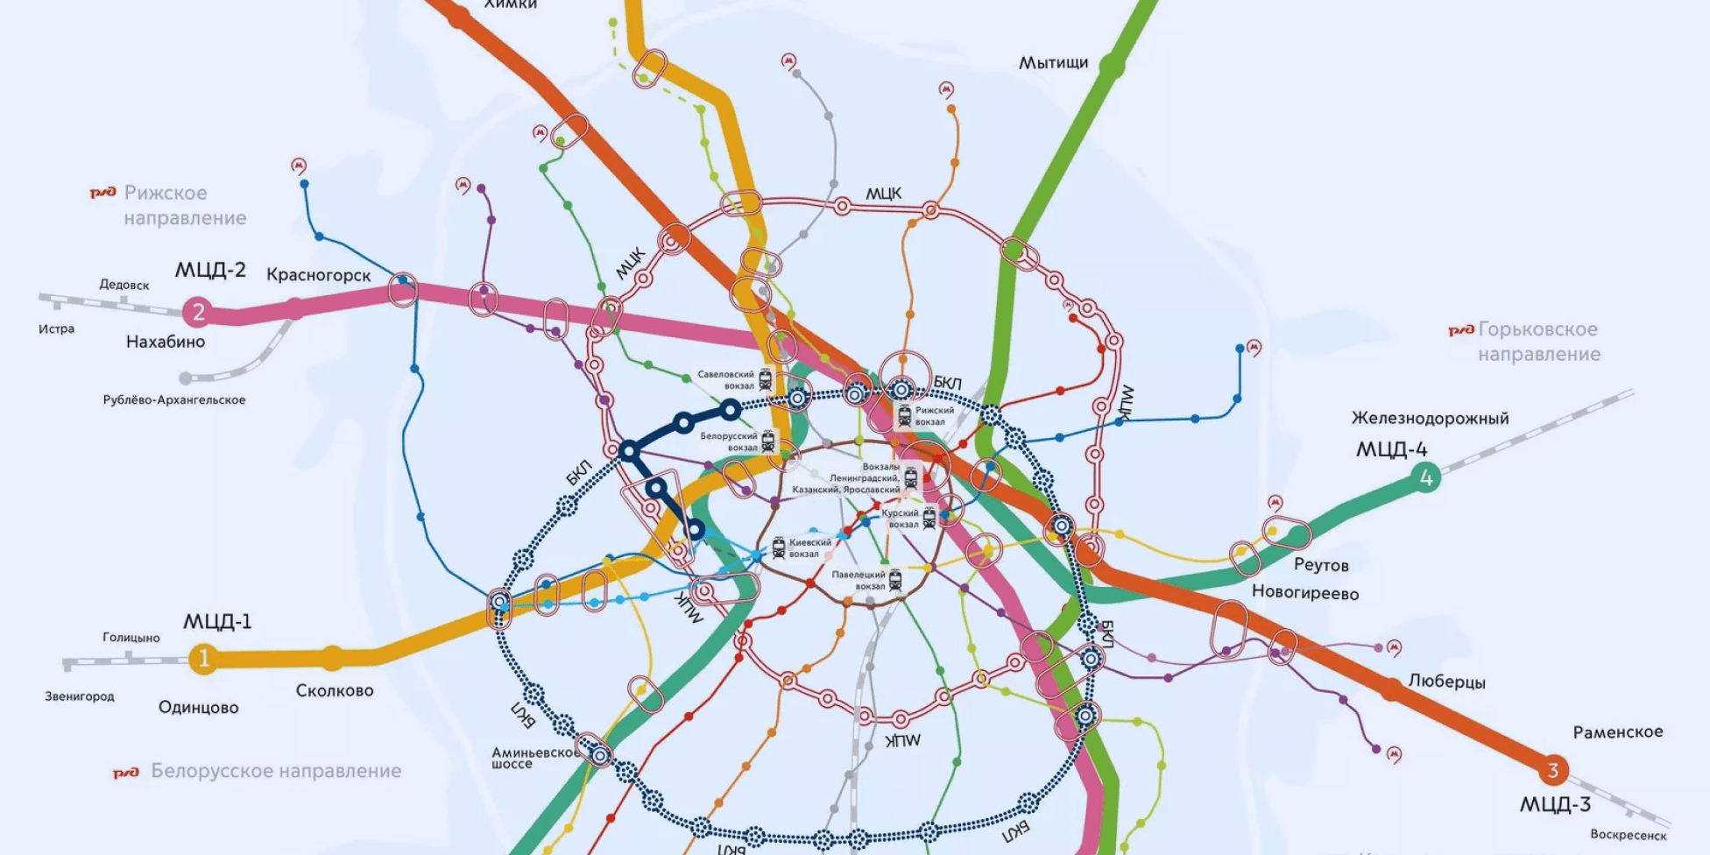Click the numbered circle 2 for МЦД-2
[x=198, y=311]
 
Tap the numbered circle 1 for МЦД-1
[x=204, y=658]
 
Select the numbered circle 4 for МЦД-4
[x=1425, y=477]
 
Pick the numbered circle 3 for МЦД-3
[x=1552, y=770]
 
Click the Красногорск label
[x=318, y=275]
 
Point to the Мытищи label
[x=1053, y=63]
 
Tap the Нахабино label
[x=166, y=342]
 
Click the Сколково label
[x=335, y=690]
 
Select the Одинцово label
[x=198, y=707]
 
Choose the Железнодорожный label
[x=1430, y=418]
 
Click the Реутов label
[x=1321, y=565]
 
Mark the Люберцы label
[x=1446, y=682]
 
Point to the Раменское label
[x=1617, y=731]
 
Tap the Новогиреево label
[x=1304, y=593]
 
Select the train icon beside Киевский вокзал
[x=779, y=548]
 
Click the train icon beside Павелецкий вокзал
[x=895, y=580]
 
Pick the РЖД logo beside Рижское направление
[x=103, y=193]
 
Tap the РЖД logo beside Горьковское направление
[x=1460, y=330]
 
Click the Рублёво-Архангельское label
[x=174, y=400]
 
